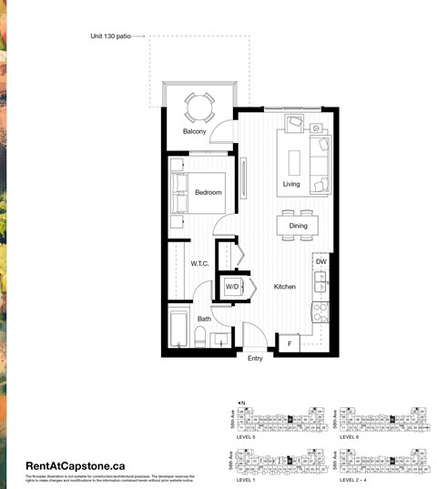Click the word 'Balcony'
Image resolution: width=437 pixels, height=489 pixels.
point(195,132)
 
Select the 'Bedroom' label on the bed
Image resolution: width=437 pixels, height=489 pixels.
point(208,192)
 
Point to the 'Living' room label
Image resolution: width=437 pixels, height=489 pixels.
point(291,184)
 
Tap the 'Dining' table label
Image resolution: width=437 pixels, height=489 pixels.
point(299,226)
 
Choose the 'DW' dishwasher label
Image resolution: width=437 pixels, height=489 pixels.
point(320,261)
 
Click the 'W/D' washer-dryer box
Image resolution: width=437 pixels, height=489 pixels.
point(233,288)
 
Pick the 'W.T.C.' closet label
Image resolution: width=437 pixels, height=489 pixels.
point(200,264)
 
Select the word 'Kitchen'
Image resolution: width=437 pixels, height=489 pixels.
point(285,287)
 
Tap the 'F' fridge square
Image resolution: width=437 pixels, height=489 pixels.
point(290,343)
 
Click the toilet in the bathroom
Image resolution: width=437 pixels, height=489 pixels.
point(199,339)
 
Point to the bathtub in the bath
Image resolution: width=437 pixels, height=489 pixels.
point(178,331)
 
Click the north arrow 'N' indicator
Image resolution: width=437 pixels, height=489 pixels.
point(240,402)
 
